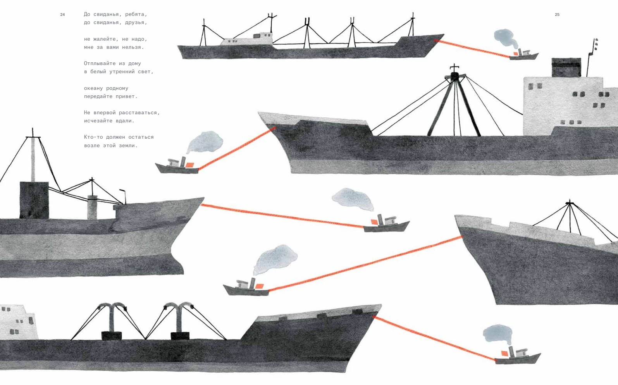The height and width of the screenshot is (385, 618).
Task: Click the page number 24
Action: coord(63,15)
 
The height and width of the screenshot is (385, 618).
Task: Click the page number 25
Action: coord(557,15)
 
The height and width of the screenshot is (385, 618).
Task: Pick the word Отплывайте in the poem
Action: coord(100,64)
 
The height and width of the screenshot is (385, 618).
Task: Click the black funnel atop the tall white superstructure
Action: coord(566,67)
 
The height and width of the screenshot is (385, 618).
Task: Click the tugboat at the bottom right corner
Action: coord(517,356)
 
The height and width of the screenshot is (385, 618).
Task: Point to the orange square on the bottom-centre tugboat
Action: coord(259,286)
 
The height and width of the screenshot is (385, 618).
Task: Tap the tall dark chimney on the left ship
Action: coord(34,200)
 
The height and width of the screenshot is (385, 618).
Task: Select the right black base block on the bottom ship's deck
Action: coord(180,336)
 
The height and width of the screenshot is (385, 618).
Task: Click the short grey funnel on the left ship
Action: coord(92,207)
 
